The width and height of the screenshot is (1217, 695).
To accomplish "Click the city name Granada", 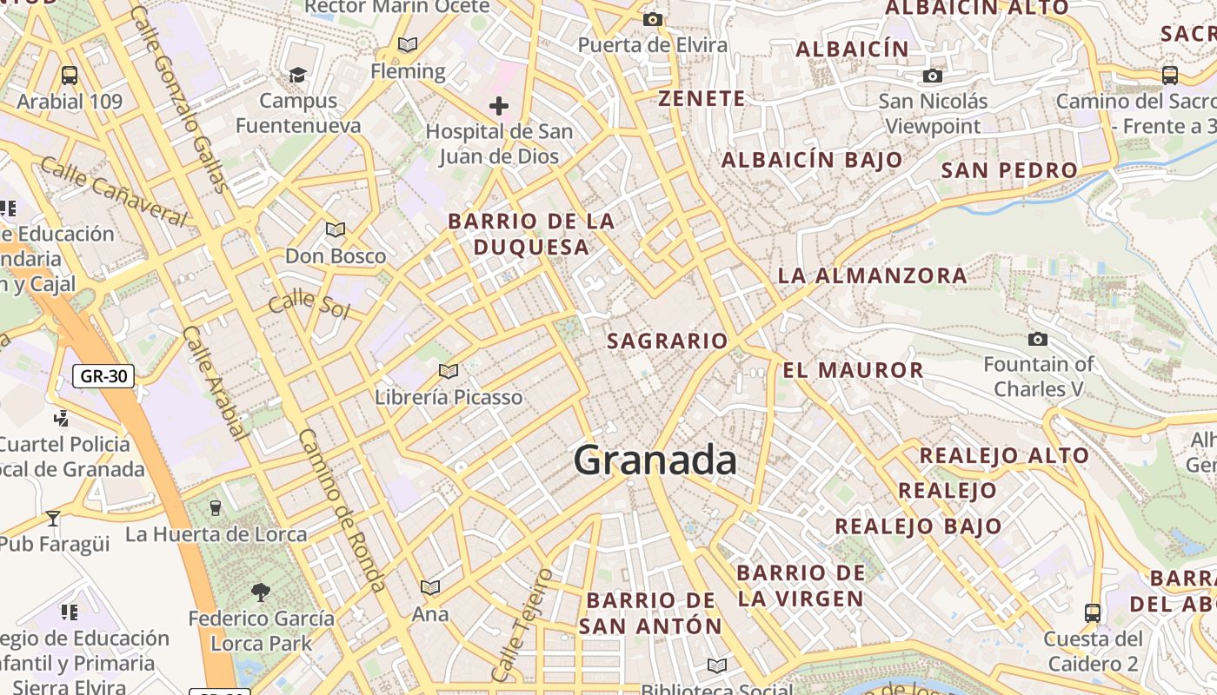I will click(655, 460).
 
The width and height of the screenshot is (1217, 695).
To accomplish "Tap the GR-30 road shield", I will click(103, 376).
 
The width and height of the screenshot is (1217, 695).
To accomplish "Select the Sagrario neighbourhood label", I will click(667, 341).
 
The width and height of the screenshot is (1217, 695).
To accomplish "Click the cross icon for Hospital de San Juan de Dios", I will click(499, 106).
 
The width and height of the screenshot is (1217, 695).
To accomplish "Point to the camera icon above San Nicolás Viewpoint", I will click(933, 76).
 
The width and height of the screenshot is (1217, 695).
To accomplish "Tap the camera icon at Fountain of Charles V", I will click(1037, 339).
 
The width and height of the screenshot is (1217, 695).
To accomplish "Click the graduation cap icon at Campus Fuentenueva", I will click(298, 75).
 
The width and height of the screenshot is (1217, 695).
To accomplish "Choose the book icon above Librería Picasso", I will click(449, 372).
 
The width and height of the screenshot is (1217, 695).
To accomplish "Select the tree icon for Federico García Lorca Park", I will click(260, 592).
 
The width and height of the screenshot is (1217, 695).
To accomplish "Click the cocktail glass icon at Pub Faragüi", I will click(53, 519).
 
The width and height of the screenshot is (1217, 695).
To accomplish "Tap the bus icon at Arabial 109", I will click(70, 76).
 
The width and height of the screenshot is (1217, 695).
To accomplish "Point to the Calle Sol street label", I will click(309, 305).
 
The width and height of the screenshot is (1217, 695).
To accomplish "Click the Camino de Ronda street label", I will click(342, 511).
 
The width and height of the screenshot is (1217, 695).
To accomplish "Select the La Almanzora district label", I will click(872, 276).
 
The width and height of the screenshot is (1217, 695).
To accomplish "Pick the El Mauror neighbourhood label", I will click(853, 370).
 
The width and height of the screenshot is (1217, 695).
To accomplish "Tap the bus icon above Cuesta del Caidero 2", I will click(1093, 613).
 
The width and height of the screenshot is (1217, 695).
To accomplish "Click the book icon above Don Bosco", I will click(336, 230).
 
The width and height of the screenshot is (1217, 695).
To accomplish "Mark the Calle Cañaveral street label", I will click(113, 192).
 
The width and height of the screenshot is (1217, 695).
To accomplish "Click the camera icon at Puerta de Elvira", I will click(653, 19).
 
